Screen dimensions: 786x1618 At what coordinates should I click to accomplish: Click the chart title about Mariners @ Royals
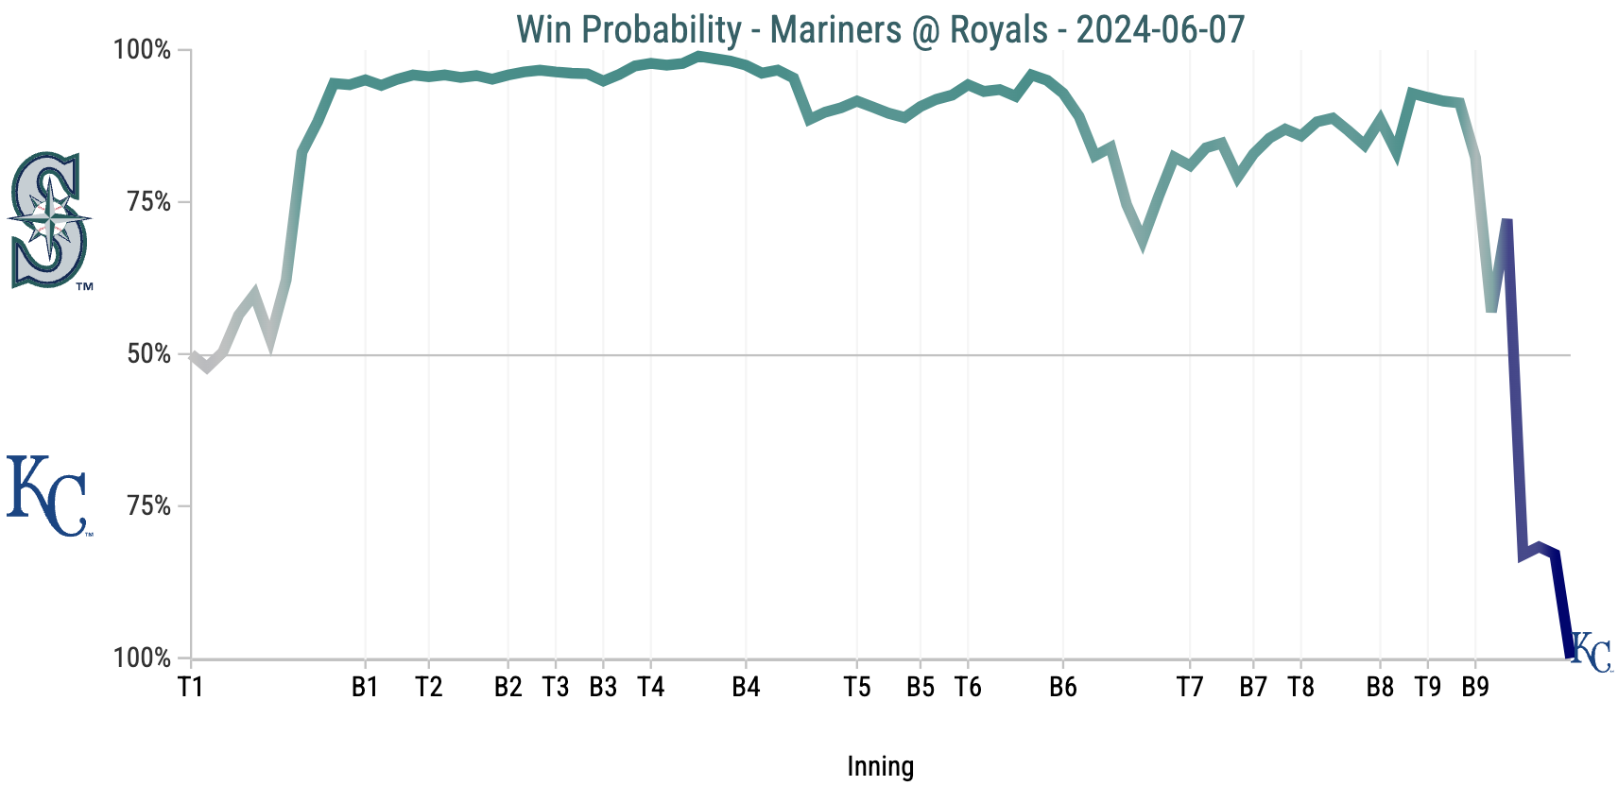880,29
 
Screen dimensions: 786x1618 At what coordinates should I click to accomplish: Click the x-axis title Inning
880,766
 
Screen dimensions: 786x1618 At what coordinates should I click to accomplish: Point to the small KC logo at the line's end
1591,653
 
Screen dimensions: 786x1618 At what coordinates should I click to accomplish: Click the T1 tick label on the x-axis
191,687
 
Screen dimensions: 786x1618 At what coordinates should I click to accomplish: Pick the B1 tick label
365,687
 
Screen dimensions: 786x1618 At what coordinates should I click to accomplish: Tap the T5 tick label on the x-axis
857,687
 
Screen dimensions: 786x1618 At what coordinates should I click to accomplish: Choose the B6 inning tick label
1063,687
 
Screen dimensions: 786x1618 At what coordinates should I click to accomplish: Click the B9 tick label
1475,687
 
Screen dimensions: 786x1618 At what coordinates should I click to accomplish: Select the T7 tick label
1190,687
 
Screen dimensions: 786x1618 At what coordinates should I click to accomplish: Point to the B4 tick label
746,687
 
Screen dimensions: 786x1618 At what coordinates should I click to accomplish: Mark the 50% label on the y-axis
149,354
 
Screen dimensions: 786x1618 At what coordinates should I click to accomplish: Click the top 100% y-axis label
143,50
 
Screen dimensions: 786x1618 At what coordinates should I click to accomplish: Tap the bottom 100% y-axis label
143,658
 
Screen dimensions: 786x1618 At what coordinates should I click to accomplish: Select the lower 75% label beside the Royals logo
149,506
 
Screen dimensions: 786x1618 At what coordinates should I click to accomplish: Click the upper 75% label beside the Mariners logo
149,202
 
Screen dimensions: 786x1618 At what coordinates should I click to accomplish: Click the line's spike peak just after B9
1507,221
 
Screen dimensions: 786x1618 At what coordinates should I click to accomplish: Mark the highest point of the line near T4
699,56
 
